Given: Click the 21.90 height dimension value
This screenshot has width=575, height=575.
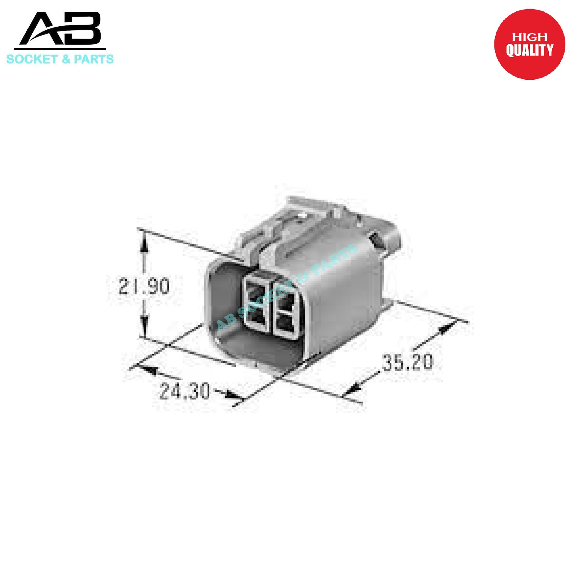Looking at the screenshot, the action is [144, 286].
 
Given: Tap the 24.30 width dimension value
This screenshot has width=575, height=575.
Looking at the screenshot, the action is [184, 391].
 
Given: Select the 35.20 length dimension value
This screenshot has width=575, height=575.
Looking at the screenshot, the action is [407, 362].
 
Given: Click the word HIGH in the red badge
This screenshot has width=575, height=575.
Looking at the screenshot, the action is [529, 37].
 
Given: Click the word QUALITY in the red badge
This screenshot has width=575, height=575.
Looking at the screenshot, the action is [529, 50].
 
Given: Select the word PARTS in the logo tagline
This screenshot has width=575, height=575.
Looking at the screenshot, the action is [94, 59].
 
